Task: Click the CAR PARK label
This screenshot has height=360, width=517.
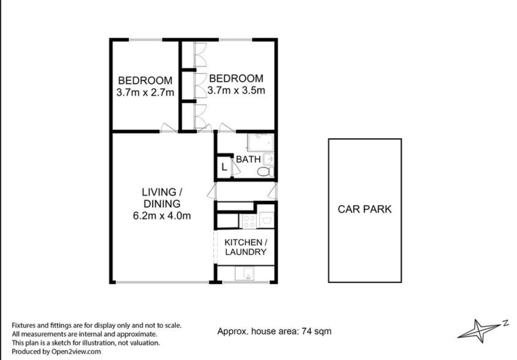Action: tap(364, 209)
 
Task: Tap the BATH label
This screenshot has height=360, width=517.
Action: tap(248, 159)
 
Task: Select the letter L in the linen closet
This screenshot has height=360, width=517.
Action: tap(224, 167)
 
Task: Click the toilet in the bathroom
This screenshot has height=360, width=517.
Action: tap(266, 171)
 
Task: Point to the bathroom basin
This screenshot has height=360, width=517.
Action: tap(269, 159)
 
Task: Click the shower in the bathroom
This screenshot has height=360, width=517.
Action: tap(261, 142)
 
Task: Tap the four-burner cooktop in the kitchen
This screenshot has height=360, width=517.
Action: tap(249, 221)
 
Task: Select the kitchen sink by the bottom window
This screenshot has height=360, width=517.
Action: tap(244, 273)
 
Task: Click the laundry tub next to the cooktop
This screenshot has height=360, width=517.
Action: tap(267, 220)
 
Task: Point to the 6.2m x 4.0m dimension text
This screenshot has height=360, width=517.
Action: tap(162, 216)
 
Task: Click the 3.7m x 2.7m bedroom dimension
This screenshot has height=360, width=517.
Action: tap(145, 93)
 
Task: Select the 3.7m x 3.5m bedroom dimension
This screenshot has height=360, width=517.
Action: tap(236, 90)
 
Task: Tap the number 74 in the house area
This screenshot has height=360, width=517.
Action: tap(307, 331)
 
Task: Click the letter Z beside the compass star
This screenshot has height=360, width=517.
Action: tap(506, 323)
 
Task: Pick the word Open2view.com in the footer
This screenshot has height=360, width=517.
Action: tap(76, 352)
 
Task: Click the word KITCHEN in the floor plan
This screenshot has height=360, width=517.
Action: tap(243, 242)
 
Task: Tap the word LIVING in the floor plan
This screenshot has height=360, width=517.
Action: tap(159, 192)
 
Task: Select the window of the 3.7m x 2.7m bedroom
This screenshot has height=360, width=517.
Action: tap(145, 40)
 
